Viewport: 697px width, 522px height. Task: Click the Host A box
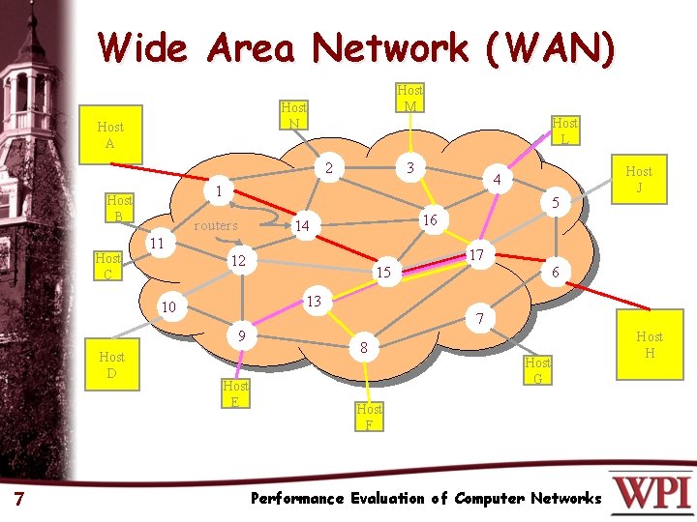point(110,134)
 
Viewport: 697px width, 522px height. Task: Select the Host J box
point(639,179)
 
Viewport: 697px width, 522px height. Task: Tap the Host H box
point(650,344)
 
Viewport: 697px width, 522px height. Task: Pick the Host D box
point(112,364)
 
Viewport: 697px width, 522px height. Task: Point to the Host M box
point(409,98)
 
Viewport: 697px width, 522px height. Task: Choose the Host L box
point(564,130)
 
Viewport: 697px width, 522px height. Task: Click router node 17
point(476,255)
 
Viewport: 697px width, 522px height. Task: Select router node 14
point(302,226)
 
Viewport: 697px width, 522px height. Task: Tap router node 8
point(363,347)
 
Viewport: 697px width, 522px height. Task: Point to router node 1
point(220,191)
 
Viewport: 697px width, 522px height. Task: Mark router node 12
point(238,261)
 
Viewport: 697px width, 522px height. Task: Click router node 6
point(556,274)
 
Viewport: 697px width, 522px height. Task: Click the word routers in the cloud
point(216,225)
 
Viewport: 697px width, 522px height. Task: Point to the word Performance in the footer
point(296,499)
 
